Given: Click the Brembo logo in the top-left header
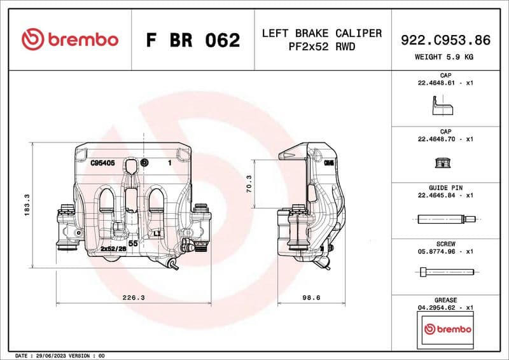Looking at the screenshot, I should [70, 39].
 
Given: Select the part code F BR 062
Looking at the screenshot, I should [193, 40].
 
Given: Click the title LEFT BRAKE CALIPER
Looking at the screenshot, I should [321, 33].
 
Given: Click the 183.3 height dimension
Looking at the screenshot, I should [27, 205].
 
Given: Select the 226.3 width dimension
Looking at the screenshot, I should [133, 297].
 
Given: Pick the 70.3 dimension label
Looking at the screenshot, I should [249, 184].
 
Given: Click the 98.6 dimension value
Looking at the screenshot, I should [311, 297].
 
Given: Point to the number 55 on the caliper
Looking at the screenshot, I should [134, 243].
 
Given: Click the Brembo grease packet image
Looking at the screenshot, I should [448, 329].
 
